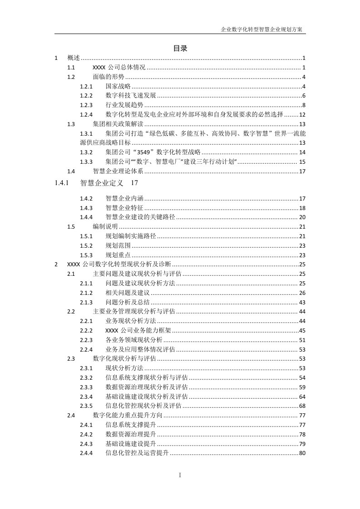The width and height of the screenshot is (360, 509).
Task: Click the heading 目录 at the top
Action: [x=180, y=48]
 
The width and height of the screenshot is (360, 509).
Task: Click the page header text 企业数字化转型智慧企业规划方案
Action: [x=263, y=29]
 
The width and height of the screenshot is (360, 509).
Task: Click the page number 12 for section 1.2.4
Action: [x=302, y=114]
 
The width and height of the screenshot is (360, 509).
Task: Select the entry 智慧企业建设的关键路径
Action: [x=140, y=217]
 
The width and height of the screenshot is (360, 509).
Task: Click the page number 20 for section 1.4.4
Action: [x=302, y=217]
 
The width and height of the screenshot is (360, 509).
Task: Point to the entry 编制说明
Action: [x=105, y=226]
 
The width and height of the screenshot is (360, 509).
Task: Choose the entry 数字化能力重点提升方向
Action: [x=128, y=415]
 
